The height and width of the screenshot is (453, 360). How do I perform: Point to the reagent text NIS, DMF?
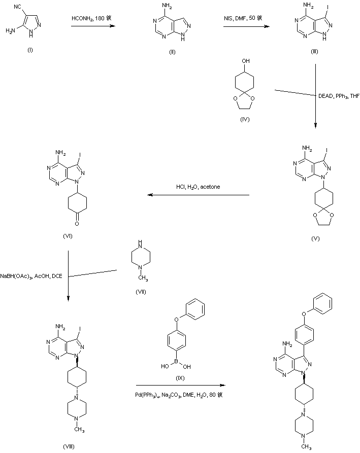click(243, 18)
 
